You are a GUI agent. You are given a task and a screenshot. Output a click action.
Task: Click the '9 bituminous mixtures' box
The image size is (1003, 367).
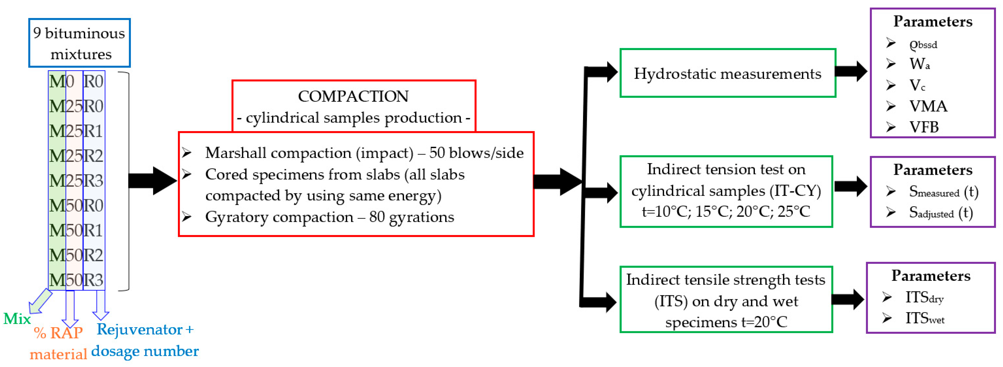tap(79, 43)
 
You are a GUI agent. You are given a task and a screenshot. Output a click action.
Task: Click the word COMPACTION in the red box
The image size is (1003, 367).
tap(353, 96)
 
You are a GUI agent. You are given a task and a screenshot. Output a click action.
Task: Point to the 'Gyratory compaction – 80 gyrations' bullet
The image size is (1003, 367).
tap(329, 217)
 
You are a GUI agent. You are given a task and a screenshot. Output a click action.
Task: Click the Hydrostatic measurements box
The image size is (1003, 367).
tap(727, 73)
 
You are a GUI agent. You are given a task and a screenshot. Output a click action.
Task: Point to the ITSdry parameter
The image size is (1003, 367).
tap(924, 298)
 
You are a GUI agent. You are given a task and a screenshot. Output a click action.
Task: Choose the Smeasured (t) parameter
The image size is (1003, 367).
tap(943, 191)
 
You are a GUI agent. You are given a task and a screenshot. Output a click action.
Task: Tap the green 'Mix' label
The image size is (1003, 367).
tap(17, 319)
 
